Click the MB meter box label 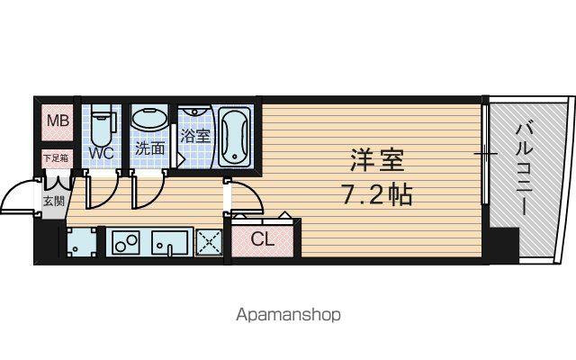tap(58, 121)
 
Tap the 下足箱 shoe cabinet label tap(56, 158)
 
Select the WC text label tap(102, 153)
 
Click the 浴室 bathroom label tap(195, 136)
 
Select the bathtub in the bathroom tap(235, 137)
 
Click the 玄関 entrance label tap(54, 201)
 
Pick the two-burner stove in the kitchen tap(126, 242)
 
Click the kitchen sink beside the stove tap(170, 242)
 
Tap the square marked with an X tap(209, 242)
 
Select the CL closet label tap(263, 239)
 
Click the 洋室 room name tap(376, 160)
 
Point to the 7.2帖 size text tap(377, 194)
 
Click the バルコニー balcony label tap(525, 169)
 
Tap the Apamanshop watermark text tap(288, 315)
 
